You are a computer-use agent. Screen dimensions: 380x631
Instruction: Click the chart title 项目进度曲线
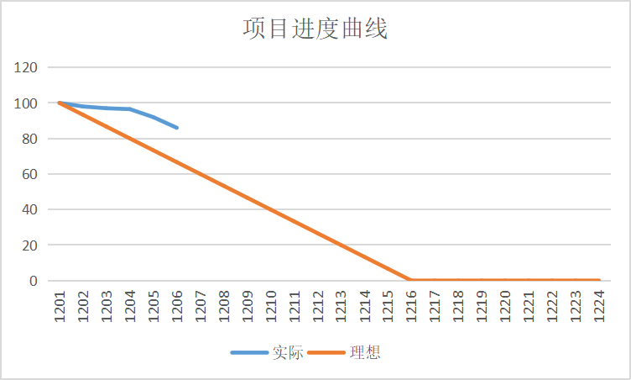click(x=315, y=29)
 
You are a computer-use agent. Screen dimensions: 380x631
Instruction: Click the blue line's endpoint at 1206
click(x=177, y=128)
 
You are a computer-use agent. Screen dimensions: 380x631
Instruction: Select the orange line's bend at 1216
click(x=410, y=280)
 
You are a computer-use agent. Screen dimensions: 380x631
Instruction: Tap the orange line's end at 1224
click(x=598, y=280)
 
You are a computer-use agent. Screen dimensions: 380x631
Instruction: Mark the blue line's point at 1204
click(x=130, y=109)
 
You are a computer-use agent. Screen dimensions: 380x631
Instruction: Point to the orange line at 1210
click(x=270, y=209)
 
